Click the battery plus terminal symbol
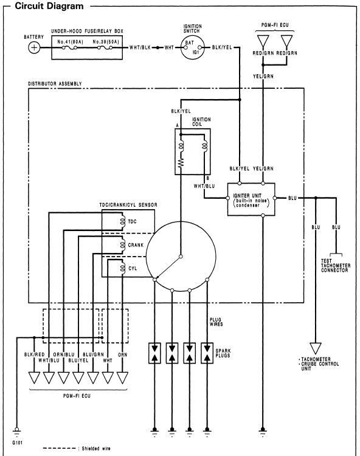(x=34, y=47)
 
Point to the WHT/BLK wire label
(x=140, y=47)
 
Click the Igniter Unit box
(x=251, y=198)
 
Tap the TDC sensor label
(x=133, y=221)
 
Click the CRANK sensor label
(x=135, y=244)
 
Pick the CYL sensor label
(x=132, y=268)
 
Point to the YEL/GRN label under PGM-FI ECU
(x=263, y=76)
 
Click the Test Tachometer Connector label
(x=334, y=266)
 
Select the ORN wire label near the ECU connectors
(x=122, y=353)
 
